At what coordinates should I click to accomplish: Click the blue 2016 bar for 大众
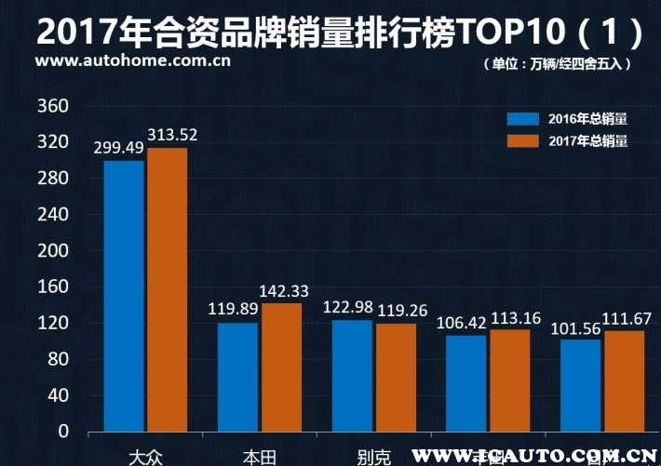tap(124, 296)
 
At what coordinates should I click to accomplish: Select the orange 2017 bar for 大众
tap(167, 289)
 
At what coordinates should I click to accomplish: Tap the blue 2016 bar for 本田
tap(238, 377)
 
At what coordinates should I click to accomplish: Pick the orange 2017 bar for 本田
tap(281, 366)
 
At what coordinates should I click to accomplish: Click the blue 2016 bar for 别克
tap(352, 375)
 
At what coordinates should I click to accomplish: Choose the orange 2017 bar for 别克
tap(396, 377)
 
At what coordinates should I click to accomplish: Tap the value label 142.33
tap(284, 291)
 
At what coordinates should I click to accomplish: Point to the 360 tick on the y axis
tap(51, 106)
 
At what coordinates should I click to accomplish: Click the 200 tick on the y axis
tap(51, 251)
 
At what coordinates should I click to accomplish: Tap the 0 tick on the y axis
tap(62, 432)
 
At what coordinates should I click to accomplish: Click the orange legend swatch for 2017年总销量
tap(523, 141)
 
